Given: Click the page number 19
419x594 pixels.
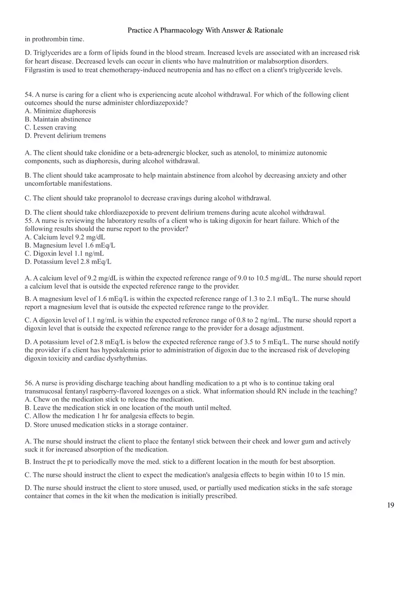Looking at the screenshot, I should pos(390,505).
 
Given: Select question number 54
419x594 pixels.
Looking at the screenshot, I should pos(29,95).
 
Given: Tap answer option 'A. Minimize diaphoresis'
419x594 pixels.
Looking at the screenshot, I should pos(60,111).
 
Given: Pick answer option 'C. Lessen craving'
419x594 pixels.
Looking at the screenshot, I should pos(50,127).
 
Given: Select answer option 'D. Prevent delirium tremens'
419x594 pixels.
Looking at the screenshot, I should pos(65,136).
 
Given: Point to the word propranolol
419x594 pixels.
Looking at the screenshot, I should pos(117,198).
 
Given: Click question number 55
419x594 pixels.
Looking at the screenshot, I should pos(29,221).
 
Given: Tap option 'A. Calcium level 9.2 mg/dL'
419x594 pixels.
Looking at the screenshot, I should pos(65,237).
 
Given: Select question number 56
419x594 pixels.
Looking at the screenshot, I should pos(29,383).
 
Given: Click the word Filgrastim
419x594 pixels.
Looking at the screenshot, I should pos(40,70).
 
